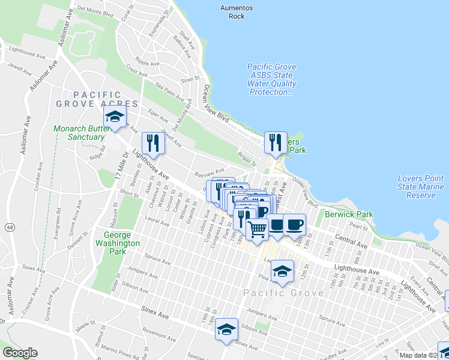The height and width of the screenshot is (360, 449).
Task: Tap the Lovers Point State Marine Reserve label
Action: click(421, 187)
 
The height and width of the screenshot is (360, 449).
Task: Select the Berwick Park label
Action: click(349, 214)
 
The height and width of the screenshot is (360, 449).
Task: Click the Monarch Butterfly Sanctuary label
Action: click(79, 133)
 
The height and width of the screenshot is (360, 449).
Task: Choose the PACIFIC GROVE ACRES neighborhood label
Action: click(97, 100)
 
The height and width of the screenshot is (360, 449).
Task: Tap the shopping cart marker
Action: click(257, 229)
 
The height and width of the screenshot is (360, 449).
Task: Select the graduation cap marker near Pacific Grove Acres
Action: click(114, 118)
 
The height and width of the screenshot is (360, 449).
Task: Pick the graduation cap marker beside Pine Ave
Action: click(282, 271)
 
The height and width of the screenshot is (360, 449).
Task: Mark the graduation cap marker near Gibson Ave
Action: click(227, 328)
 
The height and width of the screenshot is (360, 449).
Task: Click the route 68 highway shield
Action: click(11, 227)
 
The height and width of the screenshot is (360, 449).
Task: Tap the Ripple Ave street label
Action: click(147, 63)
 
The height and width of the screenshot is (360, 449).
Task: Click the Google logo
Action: click(20, 353)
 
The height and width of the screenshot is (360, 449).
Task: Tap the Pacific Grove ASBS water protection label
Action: click(271, 80)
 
